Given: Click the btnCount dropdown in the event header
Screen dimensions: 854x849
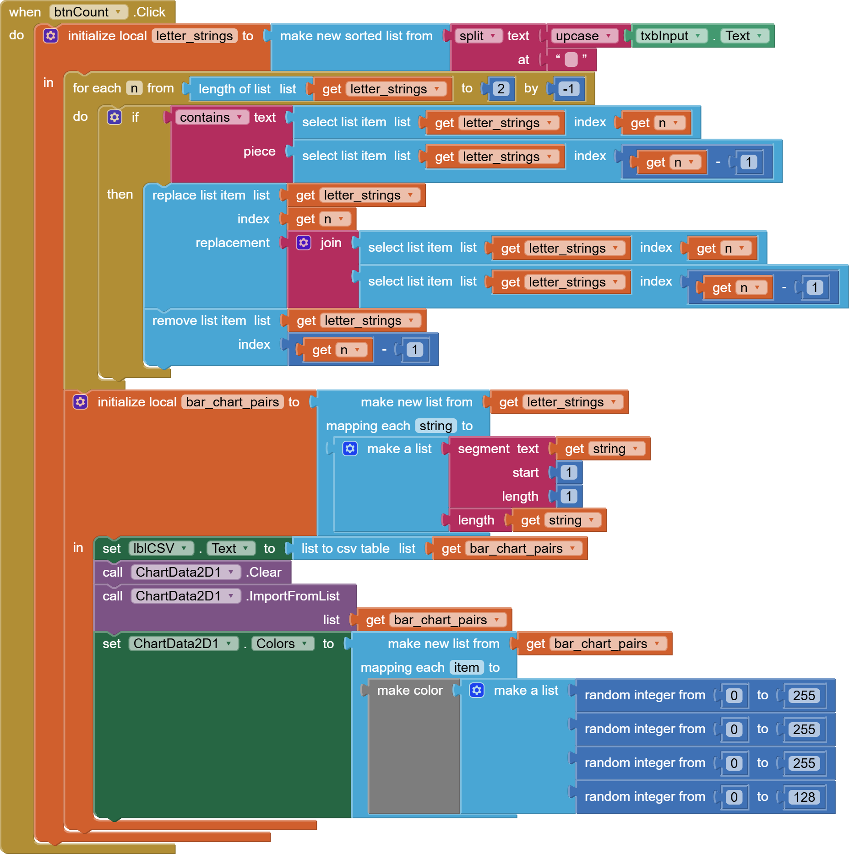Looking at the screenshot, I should point(88,12).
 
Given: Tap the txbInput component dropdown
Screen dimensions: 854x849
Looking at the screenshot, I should point(670,36).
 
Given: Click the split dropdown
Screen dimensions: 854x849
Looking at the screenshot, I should point(478,36).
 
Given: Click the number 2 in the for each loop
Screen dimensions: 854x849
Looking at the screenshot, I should point(501,89).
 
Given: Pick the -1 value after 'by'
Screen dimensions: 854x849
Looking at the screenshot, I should point(568,89).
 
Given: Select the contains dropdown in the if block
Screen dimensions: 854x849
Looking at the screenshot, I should point(211,118).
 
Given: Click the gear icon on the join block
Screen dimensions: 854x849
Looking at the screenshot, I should point(304,243).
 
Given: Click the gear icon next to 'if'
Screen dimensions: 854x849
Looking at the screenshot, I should point(114,118).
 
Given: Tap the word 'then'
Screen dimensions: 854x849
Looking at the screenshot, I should point(120,195).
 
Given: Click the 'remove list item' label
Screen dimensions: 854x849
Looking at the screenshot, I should point(199,321).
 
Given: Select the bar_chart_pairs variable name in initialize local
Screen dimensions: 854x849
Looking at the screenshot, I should point(232,402).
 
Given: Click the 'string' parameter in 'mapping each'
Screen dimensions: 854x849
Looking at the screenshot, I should point(435,426).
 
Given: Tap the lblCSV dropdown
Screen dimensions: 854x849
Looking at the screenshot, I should point(160,548).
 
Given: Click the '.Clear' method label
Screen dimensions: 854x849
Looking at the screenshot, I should point(264,573).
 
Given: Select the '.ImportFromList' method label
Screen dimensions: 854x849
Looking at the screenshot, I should point(293,596).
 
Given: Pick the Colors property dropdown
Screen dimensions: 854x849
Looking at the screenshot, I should point(282,644).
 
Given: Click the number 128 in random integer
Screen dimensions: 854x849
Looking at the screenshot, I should point(804,797).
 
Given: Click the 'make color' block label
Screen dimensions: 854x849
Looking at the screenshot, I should point(410,691).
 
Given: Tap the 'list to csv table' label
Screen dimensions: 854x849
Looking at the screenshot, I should point(345,549).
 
